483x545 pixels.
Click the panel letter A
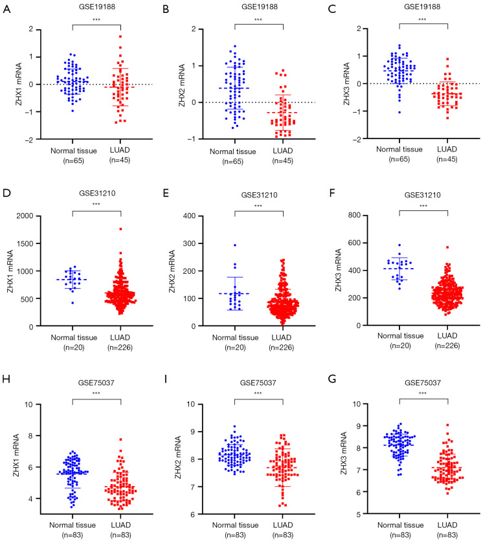click(x=6, y=9)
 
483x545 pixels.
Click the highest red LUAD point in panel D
click(x=120, y=228)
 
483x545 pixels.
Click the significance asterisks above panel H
click(x=96, y=393)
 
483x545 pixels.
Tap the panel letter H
click(x=6, y=386)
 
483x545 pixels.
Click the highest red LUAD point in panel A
click(x=120, y=36)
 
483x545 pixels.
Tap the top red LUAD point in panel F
click(x=447, y=247)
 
